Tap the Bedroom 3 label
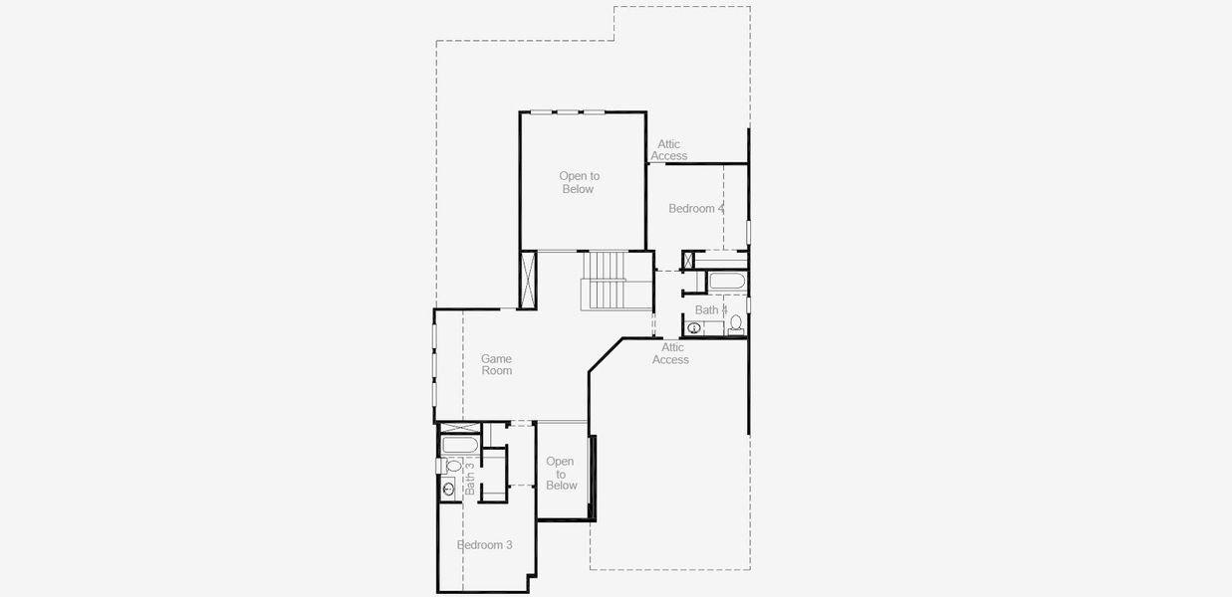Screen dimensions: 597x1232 click(x=485, y=545)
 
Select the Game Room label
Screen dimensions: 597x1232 click(x=496, y=364)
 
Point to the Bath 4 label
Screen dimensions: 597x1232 click(x=710, y=310)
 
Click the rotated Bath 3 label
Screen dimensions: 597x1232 click(x=470, y=478)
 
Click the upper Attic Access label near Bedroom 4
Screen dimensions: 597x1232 click(x=668, y=150)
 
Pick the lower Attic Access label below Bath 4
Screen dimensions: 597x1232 click(x=671, y=353)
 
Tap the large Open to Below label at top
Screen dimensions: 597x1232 click(x=578, y=183)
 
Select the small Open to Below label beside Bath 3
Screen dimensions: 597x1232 click(x=561, y=474)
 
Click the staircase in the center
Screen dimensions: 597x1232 click(x=603, y=281)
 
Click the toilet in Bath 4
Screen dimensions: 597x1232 click(x=736, y=323)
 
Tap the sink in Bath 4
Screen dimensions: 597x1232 click(x=694, y=328)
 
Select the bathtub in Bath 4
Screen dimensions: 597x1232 click(x=726, y=282)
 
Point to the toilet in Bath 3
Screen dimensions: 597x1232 click(x=453, y=465)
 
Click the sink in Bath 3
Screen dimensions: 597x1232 click(x=447, y=488)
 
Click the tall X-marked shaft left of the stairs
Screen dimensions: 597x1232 click(x=528, y=280)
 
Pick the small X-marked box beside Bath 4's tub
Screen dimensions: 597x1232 click(x=687, y=261)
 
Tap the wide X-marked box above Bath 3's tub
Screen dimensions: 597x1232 click(x=460, y=427)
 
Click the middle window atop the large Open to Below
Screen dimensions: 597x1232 click(x=569, y=111)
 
